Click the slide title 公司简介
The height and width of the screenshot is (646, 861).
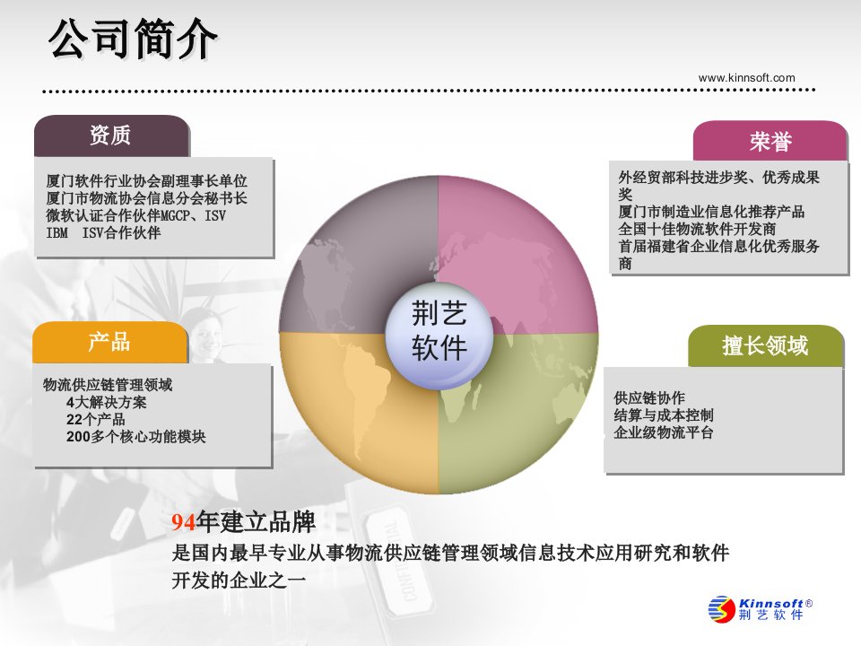tap(133, 39)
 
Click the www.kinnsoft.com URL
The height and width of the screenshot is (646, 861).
tap(746, 78)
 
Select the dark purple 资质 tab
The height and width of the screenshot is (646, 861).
tap(112, 135)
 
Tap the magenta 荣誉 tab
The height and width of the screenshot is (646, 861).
tap(770, 141)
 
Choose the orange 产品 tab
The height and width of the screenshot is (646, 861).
tap(109, 342)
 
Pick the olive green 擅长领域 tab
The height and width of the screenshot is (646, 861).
tap(765, 346)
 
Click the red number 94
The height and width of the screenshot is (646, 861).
tap(183, 522)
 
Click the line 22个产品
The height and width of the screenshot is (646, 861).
tap(96, 420)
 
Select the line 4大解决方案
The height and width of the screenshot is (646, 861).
tap(107, 402)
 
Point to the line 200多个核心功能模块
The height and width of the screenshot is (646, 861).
tap(135, 437)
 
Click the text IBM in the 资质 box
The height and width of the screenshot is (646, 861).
tap(57, 233)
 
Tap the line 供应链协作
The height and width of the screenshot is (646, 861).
tap(649, 397)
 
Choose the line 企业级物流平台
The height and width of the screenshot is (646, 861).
tap(664, 432)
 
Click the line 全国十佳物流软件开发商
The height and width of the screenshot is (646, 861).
tap(697, 229)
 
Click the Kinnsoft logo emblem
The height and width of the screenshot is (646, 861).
tap(721, 608)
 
